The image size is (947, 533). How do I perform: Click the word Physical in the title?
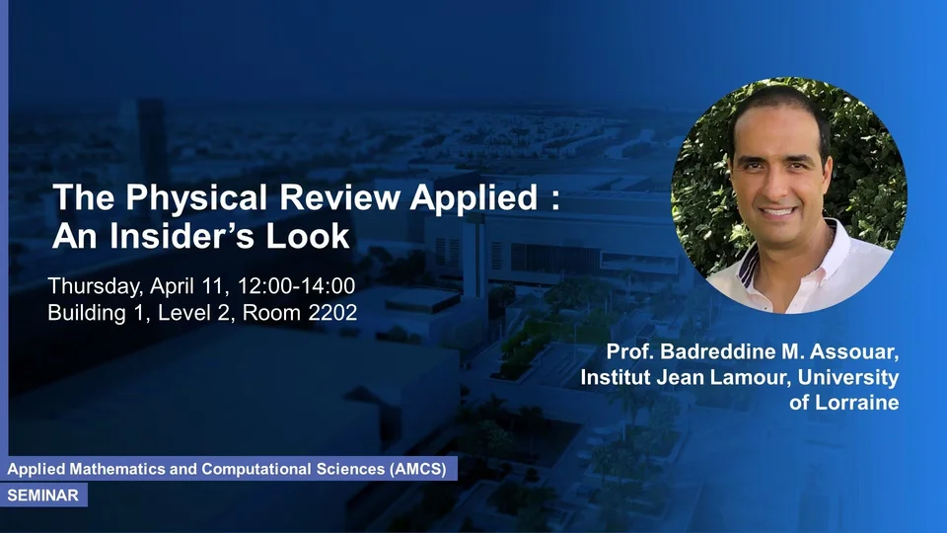pos(196,198)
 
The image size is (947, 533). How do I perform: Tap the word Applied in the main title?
pos(473,198)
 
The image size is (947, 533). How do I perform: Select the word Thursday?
pos(96,286)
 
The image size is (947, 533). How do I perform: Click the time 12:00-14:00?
pos(296,286)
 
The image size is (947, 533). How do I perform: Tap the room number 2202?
pos(332,313)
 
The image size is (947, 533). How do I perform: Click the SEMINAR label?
pos(42,495)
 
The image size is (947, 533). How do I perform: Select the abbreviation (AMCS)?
pos(418,469)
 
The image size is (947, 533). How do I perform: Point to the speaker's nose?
pos(778,187)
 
